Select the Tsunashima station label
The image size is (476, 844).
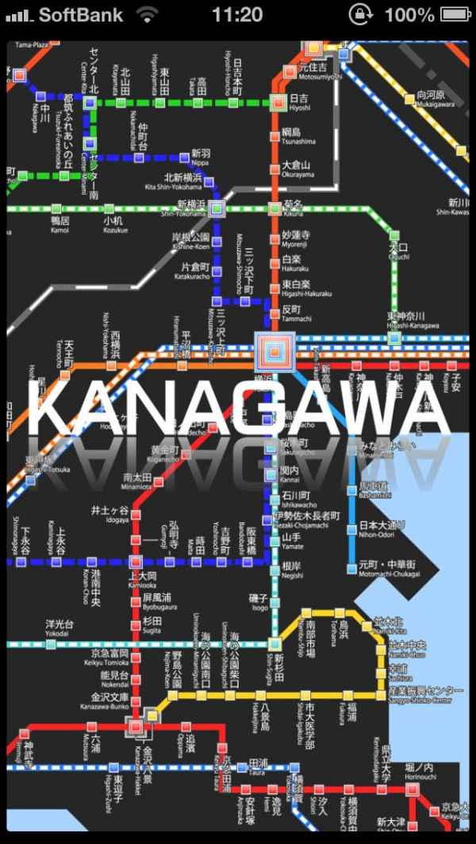tap(297, 136)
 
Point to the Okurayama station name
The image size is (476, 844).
tap(297, 169)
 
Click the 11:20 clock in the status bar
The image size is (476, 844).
tap(237, 14)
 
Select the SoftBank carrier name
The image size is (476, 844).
tap(81, 14)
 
